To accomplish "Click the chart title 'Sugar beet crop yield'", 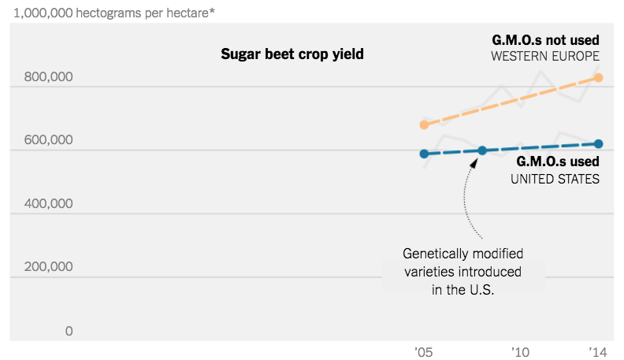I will point(292,54).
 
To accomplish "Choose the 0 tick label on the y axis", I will point(69,331).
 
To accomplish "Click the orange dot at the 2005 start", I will point(424,124).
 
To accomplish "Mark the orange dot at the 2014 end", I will point(599,77).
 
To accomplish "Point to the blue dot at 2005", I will point(424,154).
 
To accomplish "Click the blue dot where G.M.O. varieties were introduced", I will point(482,150).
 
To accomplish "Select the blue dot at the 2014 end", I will point(599,143).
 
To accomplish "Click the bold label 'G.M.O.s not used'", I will point(546,39).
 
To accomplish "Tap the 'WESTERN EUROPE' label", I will point(545,57).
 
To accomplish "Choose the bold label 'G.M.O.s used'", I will point(558,161).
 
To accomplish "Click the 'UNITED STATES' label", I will point(555,179).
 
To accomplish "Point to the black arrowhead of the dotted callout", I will point(475,162).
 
